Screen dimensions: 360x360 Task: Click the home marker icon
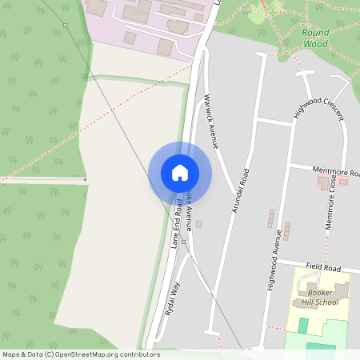point(180,173)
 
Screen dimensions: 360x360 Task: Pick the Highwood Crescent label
point(318,108)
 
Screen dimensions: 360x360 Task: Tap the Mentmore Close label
point(333,206)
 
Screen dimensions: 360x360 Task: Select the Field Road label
point(323,266)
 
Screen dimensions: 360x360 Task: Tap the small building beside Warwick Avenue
point(198,224)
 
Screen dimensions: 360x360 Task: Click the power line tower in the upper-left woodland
point(66,25)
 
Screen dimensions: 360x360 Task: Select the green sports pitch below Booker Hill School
point(303,326)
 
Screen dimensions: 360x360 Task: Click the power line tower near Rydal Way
point(183,242)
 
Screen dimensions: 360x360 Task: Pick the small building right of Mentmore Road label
point(343,182)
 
